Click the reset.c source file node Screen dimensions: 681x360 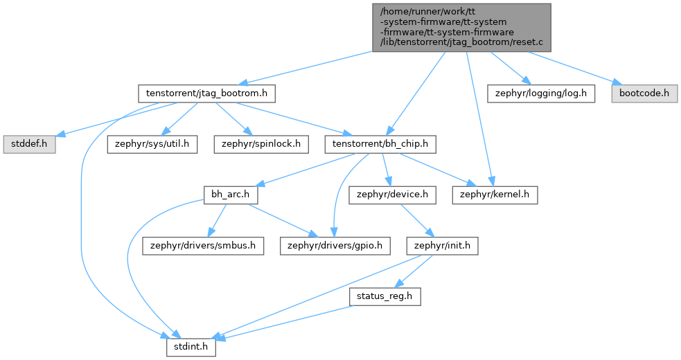coord(461,28)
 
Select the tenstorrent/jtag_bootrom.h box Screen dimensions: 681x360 coord(206,93)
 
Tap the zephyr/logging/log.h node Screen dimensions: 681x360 coord(541,93)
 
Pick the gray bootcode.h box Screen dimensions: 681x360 coord(644,93)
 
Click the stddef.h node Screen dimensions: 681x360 coord(29,144)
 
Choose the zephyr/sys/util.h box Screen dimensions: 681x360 coord(152,144)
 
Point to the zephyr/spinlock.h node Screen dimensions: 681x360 coord(261,144)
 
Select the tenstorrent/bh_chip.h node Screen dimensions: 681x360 coord(380,144)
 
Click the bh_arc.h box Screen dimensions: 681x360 coord(231,195)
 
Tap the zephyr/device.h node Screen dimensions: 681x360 coord(392,195)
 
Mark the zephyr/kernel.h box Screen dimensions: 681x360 coord(495,195)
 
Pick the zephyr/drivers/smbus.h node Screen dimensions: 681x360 coord(203,246)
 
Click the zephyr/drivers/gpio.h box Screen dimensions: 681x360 coord(335,246)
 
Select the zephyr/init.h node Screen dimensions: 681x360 coord(442,246)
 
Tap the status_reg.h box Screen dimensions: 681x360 coord(384,296)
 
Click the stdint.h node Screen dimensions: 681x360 coord(191,348)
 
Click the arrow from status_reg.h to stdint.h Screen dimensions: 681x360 coord(285,322)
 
